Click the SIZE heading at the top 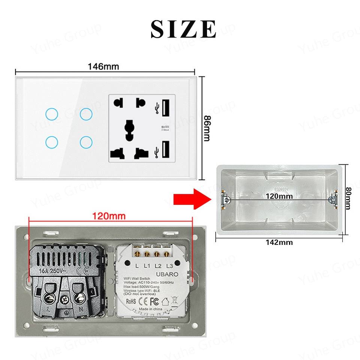(183, 28)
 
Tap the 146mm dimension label (103, 66)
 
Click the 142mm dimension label (279, 242)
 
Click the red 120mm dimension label (109, 216)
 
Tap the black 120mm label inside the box (279, 196)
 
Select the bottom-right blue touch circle (86, 142)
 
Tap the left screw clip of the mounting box (225, 199)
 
